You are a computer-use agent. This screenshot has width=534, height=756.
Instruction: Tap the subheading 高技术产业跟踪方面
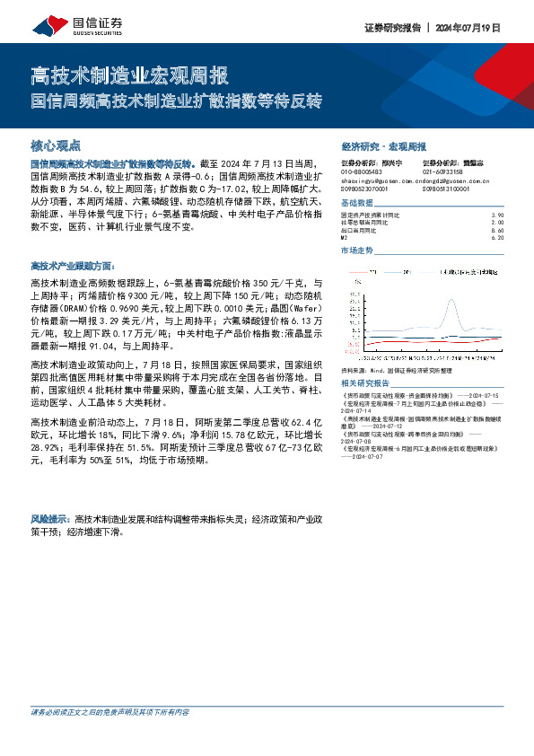(73, 267)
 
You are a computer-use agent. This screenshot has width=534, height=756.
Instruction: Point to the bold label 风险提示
(52, 519)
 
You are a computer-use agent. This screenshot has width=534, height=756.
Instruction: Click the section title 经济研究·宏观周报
(383, 145)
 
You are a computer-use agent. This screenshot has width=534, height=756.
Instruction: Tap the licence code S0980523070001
(370, 189)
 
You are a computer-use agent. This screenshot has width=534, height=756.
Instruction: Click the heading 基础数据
(357, 204)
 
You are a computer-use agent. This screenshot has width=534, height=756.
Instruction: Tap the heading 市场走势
(357, 251)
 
